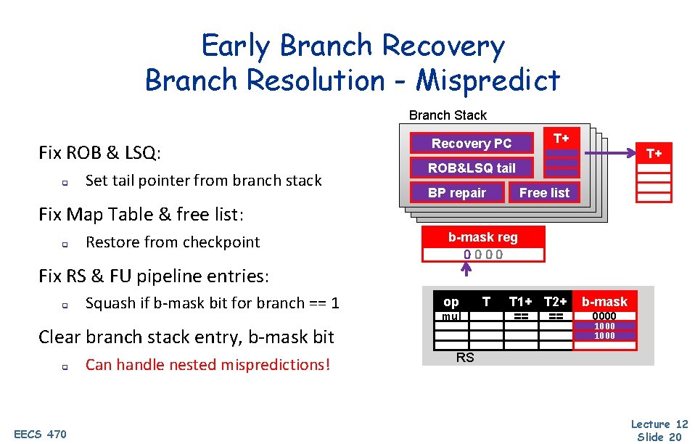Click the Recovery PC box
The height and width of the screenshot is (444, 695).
(472, 144)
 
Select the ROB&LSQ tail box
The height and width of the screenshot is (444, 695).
(472, 168)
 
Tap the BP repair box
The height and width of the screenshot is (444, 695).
(457, 193)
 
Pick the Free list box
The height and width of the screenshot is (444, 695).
(544, 193)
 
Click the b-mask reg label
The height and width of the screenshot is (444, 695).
(483, 237)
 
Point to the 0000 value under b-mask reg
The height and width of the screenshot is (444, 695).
(483, 255)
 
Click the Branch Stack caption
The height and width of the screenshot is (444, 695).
(448, 115)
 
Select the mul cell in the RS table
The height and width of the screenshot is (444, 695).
(451, 316)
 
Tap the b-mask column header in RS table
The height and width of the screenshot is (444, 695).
(604, 302)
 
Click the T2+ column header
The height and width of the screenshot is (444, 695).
(556, 302)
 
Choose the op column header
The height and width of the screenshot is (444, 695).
(451, 302)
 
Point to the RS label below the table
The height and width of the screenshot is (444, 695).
(465, 357)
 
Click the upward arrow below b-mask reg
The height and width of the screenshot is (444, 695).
(466, 270)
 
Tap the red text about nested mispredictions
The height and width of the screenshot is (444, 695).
(207, 364)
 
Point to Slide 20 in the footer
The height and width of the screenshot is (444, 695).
(659, 436)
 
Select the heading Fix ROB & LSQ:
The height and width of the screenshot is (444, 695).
(99, 153)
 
